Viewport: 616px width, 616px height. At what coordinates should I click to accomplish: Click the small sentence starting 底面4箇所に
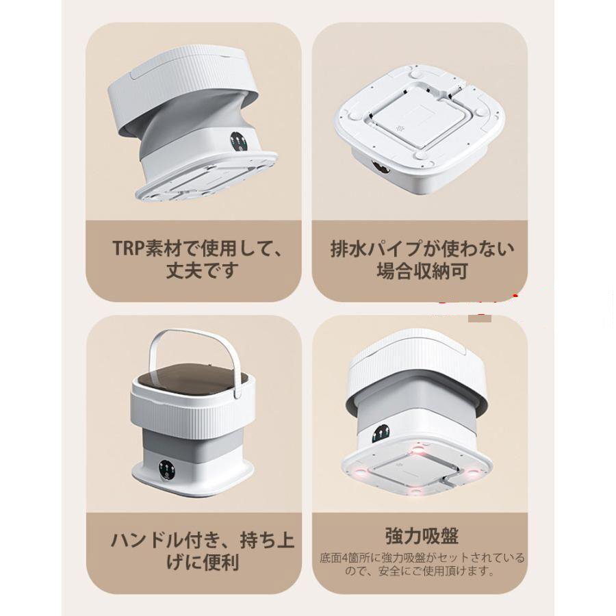(x=422, y=557)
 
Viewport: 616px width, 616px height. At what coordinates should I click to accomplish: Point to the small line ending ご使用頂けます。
(x=422, y=572)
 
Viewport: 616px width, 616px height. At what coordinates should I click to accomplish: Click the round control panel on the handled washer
(x=167, y=470)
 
